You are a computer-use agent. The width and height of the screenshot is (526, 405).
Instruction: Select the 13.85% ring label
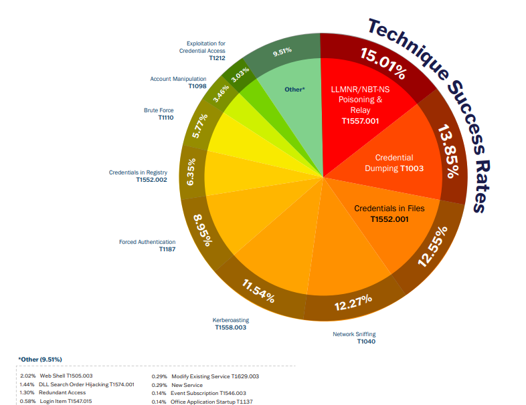[448, 151]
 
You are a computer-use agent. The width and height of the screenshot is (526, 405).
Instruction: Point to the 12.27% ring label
[353, 303]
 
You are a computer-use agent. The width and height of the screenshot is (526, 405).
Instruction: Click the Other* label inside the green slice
[294, 88]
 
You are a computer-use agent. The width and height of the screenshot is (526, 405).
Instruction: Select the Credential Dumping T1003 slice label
[394, 163]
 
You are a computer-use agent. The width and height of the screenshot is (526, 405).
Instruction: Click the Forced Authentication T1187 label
[147, 245]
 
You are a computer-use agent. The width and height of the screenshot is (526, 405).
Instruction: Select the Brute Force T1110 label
[159, 114]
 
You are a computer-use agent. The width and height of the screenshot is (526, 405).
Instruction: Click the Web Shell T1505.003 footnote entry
[58, 376]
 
